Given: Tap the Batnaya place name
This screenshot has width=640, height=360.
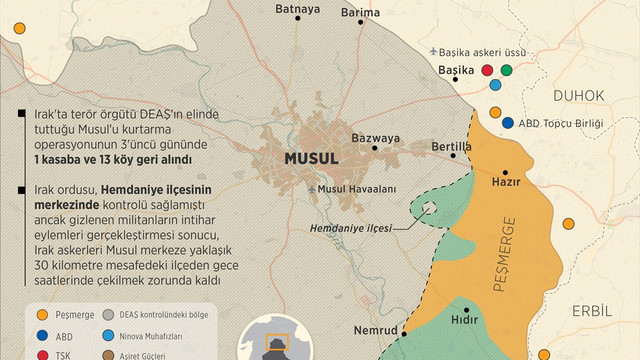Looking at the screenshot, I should [x=298, y=10].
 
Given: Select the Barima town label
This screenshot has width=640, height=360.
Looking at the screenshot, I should [x=360, y=12].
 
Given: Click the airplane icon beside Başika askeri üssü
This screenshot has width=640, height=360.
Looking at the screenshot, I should [x=432, y=50].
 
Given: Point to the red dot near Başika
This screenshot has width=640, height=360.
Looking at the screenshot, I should [x=487, y=71].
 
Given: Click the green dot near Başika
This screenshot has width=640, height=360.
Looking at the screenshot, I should [x=506, y=71].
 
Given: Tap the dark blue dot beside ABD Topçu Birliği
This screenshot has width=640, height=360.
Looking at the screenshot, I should [x=508, y=123].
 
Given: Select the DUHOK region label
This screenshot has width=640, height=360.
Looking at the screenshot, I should [x=578, y=95].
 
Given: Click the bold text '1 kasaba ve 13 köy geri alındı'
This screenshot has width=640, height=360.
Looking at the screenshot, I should [x=112, y=160].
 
